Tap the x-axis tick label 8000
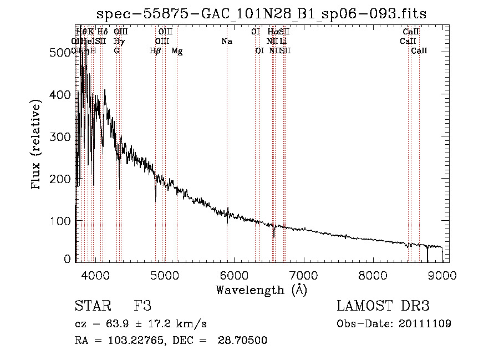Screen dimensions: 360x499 (373, 276)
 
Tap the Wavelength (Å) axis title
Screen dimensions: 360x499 (261, 290)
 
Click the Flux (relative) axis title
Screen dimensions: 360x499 (37, 145)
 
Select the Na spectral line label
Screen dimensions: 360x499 (226, 42)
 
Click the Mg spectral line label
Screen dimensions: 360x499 (177, 51)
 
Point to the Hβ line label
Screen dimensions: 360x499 (155, 51)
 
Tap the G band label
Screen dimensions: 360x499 (116, 51)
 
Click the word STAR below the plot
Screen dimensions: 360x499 (93, 306)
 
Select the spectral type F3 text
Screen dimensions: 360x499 (143, 306)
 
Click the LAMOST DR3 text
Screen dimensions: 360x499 (383, 306)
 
